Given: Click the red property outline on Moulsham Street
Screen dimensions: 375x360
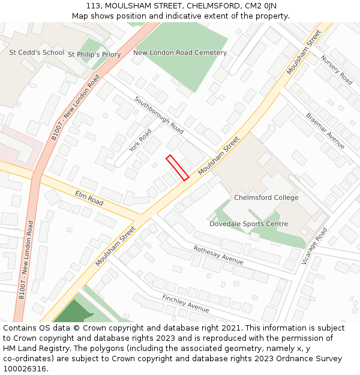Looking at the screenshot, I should pyautogui.click(x=178, y=167).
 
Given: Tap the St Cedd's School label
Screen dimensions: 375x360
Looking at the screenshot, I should pyautogui.click(x=37, y=53).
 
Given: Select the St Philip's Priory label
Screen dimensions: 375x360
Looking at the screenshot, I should pyautogui.click(x=94, y=55).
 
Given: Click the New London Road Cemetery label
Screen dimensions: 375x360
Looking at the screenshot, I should pyautogui.click(x=180, y=53).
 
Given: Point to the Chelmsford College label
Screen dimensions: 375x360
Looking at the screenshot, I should pyautogui.click(x=266, y=197).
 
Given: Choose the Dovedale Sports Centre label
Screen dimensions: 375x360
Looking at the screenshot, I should pyautogui.click(x=248, y=224).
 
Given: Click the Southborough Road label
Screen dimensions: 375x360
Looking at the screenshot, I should pyautogui.click(x=159, y=114).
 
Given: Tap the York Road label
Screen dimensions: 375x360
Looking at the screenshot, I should pyautogui.click(x=140, y=140).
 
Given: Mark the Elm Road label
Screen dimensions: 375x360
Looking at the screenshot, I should pyautogui.click(x=89, y=198).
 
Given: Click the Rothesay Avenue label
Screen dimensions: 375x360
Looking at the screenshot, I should pyautogui.click(x=218, y=255).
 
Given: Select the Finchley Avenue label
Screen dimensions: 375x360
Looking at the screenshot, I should pyautogui.click(x=185, y=303).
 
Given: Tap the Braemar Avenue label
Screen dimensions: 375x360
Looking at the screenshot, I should pyautogui.click(x=325, y=131).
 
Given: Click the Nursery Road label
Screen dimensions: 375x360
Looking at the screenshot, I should pyautogui.click(x=337, y=70).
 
